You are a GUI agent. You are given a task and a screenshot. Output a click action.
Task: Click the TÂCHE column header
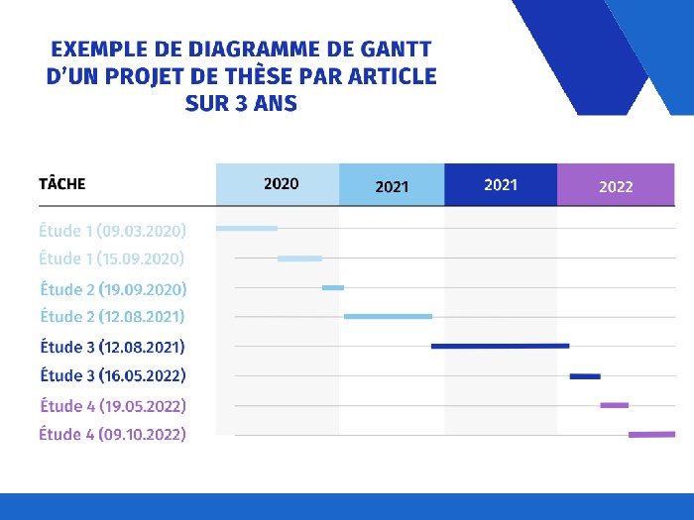coord(61,184)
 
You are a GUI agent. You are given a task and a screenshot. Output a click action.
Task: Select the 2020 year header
coord(281,184)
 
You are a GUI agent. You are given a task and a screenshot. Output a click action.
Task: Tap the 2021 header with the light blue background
coord(392,186)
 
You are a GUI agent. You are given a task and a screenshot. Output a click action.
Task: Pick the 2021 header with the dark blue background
coord(501,184)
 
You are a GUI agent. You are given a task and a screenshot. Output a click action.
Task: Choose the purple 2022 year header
coord(616,186)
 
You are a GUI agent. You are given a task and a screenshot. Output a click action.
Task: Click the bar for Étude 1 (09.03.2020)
coord(247,229)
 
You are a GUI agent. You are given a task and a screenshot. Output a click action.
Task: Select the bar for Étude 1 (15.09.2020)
coord(299,259)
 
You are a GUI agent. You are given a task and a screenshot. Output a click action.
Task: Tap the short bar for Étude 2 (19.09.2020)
coord(333,288)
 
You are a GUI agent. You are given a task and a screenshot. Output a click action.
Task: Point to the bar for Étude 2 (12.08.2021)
coord(388,317)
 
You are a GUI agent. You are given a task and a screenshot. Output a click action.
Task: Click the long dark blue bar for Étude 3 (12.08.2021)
coord(500,346)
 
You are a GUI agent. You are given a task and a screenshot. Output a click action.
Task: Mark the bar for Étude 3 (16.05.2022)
coord(585,376)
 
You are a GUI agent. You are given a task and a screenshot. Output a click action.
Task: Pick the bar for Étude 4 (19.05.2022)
coord(614,405)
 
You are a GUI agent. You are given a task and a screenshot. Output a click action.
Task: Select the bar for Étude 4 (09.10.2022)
coord(651,434)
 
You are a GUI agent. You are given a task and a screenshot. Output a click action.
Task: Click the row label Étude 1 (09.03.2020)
coord(112,231)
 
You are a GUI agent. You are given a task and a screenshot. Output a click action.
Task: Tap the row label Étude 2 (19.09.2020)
coord(113,289)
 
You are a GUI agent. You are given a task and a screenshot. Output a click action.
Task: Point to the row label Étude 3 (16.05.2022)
coord(113,376)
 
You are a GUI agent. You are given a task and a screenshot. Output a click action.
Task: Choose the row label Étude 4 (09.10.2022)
coord(112,434)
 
